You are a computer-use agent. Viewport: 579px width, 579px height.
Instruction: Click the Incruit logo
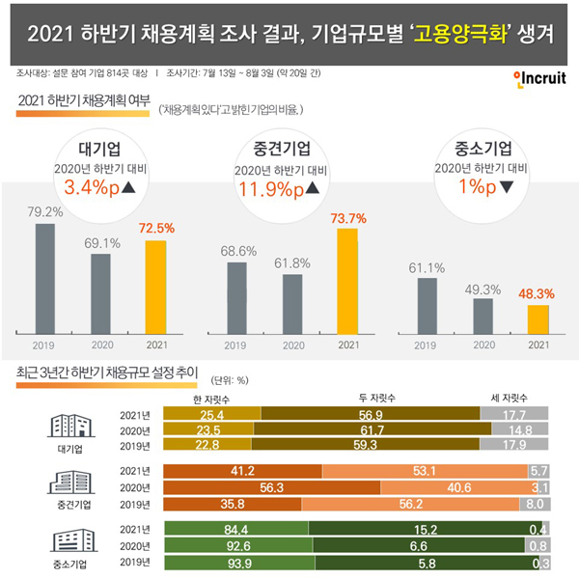539,79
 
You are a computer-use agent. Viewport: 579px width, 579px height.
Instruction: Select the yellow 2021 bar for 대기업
155,288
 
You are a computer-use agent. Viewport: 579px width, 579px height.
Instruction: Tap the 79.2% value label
45,211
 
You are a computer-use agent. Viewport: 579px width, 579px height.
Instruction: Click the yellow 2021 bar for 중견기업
347,282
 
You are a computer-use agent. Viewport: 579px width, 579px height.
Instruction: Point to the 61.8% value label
292,263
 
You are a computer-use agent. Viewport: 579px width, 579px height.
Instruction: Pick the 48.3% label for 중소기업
537,294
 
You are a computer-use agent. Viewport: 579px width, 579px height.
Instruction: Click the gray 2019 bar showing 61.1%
427,306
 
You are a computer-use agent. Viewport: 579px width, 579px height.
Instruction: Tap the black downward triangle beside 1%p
507,187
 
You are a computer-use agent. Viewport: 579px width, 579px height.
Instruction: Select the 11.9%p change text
271,189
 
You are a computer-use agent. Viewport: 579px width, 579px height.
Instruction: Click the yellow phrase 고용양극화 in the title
459,34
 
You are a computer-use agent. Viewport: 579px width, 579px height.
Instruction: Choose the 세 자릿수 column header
509,398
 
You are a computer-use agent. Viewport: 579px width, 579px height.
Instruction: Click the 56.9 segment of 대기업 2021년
371,414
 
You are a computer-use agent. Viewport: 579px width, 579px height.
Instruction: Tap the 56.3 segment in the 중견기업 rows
272,487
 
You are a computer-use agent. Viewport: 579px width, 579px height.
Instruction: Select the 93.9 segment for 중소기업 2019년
239,563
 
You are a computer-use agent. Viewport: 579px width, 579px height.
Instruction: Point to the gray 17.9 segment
514,444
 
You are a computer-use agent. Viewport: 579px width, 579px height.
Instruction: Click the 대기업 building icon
70,426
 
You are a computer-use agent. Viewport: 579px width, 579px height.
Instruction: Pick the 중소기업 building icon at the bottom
74,540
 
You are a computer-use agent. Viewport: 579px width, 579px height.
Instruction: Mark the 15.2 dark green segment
426,529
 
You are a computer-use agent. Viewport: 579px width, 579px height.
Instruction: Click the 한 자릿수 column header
211,400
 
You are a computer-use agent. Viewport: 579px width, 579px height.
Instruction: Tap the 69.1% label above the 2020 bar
102,243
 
